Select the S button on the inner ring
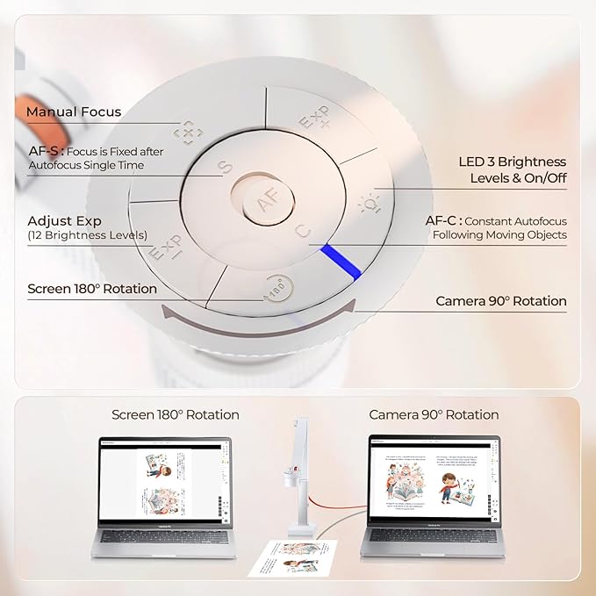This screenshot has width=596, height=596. [225, 167]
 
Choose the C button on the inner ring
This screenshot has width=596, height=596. [301, 233]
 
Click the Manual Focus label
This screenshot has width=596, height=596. [74, 111]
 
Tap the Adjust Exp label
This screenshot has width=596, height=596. [64, 220]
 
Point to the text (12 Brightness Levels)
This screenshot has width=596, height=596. [88, 235]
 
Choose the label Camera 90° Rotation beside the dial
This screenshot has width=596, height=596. [501, 301]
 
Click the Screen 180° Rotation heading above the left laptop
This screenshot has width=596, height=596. [176, 414]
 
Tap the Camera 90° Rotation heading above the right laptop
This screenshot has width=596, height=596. [434, 414]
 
